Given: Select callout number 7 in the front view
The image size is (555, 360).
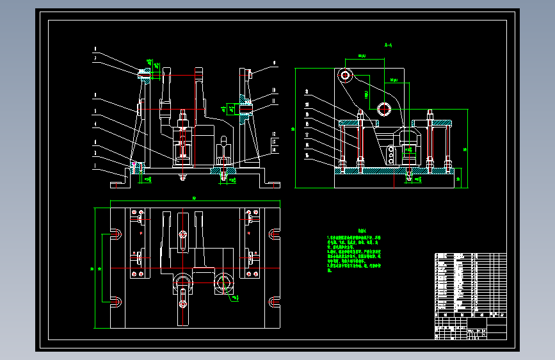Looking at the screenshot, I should tap(95, 58).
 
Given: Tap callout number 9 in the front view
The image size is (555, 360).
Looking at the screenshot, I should tap(273, 63).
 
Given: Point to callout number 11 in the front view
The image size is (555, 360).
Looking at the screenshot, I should tap(273, 101).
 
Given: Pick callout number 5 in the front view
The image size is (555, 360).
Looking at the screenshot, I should tap(95, 110).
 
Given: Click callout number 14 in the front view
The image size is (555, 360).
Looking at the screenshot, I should tap(273, 149).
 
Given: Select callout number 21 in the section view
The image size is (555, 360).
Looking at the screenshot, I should tap(307, 91).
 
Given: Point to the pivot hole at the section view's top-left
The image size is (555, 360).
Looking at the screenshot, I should tap(345, 75).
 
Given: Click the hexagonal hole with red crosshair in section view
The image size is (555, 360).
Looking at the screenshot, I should tap(385, 108).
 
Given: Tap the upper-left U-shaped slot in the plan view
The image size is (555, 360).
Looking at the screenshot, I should tap(116, 234).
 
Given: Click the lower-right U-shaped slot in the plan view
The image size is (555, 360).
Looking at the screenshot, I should tap(275, 301).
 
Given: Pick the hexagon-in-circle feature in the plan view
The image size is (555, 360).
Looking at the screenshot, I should tap(225, 282).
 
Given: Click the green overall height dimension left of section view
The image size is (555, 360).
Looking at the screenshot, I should tap(293, 129).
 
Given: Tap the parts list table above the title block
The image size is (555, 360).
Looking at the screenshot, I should tap(470, 282).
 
